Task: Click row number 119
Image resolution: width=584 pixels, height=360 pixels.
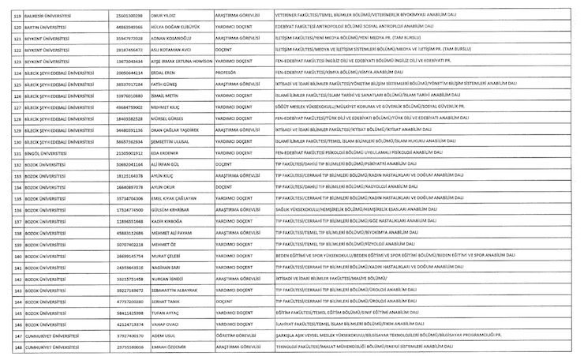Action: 13,14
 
